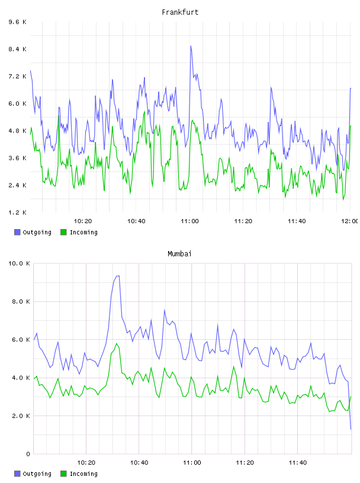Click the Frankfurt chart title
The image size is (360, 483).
click(x=180, y=12)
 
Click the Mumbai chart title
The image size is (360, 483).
click(x=179, y=254)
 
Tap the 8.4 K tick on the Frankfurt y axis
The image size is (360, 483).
click(x=18, y=49)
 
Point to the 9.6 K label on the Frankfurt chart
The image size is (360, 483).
click(x=18, y=22)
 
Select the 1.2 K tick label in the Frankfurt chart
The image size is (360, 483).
click(x=18, y=212)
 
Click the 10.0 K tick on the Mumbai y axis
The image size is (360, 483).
click(x=19, y=263)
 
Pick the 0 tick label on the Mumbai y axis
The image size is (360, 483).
click(x=28, y=454)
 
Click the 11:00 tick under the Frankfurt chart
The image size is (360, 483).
click(x=190, y=221)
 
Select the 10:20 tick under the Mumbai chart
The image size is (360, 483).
click(x=86, y=463)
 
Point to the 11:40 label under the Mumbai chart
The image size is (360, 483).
click(x=298, y=463)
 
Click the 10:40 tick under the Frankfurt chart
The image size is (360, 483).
click(x=136, y=221)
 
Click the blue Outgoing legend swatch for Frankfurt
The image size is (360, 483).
click(x=17, y=232)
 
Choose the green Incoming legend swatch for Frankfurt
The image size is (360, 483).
click(x=63, y=232)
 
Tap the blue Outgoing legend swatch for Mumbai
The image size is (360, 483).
click(x=17, y=474)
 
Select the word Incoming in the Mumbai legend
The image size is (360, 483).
click(x=83, y=474)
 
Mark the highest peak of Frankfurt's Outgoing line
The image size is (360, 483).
click(x=191, y=46)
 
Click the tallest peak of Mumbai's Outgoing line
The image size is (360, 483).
click(x=118, y=276)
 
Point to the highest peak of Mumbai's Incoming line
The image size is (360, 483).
click(x=117, y=343)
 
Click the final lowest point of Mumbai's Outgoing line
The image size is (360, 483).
click(x=351, y=429)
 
